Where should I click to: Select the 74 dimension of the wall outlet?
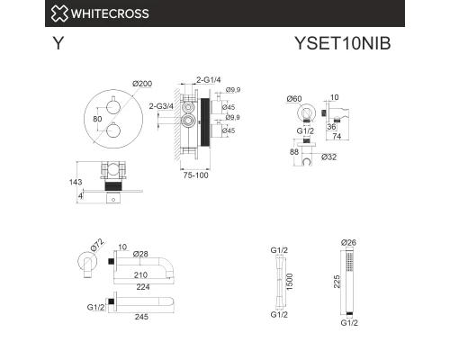(x=337, y=136)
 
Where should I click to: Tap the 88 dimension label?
(x=294, y=152)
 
